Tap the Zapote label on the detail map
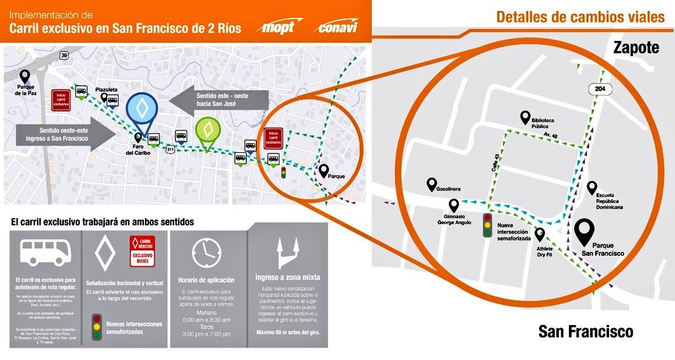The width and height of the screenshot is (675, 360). coord(635,47)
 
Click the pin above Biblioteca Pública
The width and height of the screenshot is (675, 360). coord(525,117)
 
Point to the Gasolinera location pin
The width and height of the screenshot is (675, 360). coord(432,185)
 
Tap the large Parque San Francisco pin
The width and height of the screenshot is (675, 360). coord(584,231)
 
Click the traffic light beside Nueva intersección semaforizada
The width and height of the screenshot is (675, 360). coord(488,225)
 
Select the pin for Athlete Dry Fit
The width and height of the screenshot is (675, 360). coord(541,233)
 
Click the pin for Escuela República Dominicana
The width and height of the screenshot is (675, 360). coord(592,187)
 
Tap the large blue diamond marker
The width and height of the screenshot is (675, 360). coord(142,109)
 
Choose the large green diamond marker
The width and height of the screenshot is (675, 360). coord(208,131)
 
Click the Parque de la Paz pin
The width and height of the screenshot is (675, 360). coord(25,76)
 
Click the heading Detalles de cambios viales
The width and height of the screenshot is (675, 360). coord(580,17)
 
